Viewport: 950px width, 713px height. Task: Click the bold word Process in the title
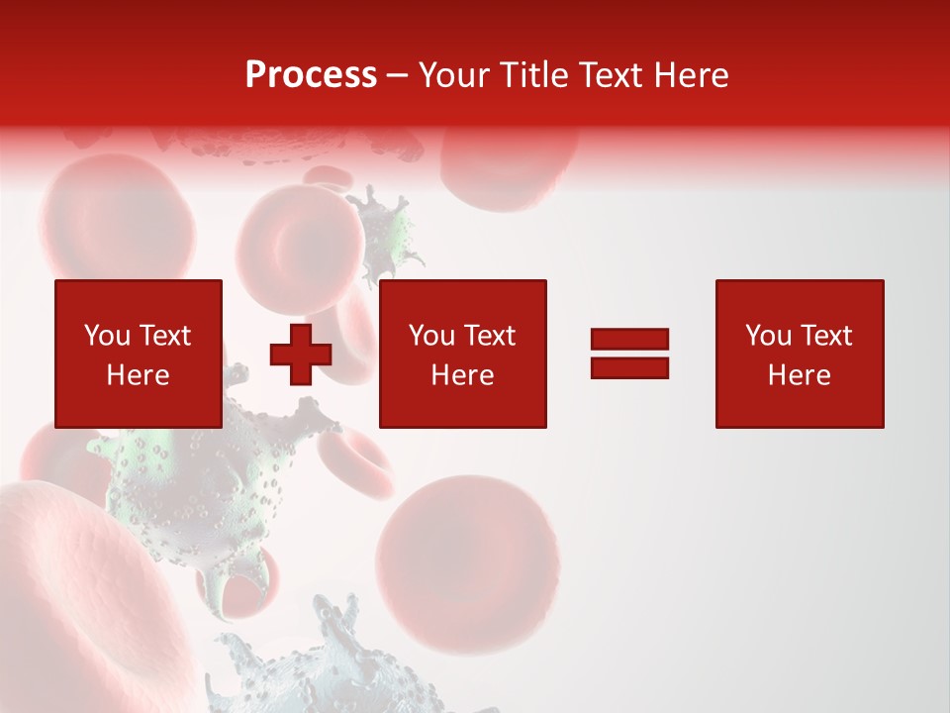(311, 75)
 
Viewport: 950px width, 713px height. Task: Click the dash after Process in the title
(398, 76)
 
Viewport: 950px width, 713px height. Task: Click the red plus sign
(301, 354)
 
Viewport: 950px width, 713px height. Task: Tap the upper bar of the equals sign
(629, 340)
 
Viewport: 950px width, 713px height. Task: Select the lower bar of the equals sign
(629, 367)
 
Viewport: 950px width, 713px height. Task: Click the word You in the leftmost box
(107, 336)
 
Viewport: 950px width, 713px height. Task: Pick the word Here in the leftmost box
(138, 375)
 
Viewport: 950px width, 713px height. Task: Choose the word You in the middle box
(431, 336)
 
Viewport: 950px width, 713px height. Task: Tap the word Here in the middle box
(462, 375)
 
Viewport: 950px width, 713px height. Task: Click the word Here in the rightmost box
(799, 375)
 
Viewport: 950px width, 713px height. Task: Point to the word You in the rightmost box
(768, 336)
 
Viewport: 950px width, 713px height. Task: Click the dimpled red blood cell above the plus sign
(287, 243)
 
